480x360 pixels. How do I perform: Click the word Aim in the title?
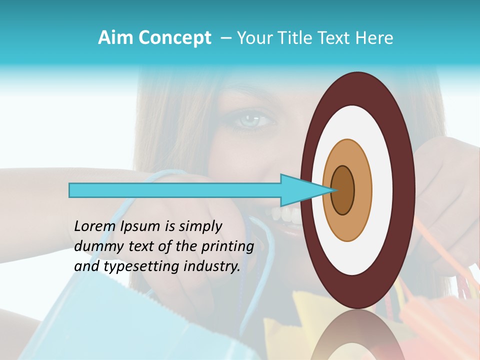coord(116,38)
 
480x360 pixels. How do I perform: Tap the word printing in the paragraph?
coord(227,246)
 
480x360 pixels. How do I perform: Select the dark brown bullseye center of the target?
coord(342,190)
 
